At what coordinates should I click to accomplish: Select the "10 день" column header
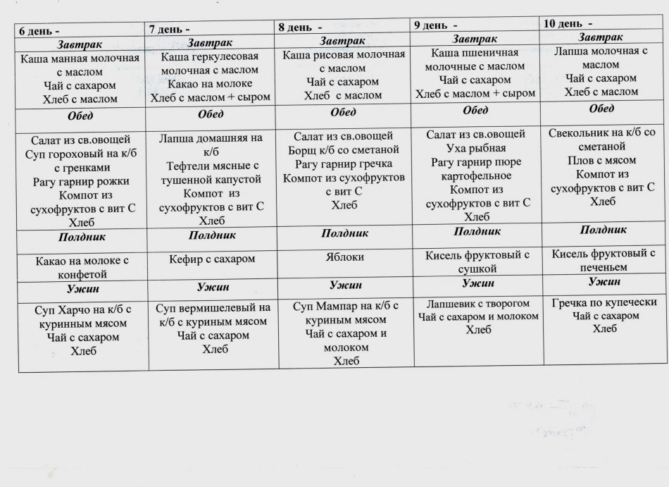click(568, 23)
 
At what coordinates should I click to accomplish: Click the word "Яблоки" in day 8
click(346, 257)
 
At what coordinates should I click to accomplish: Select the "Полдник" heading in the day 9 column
click(477, 231)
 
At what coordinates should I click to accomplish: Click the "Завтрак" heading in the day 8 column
click(342, 42)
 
